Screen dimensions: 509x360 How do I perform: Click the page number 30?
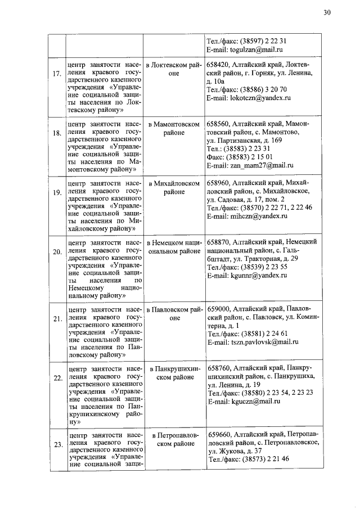pos(327,13)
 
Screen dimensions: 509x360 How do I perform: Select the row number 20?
pos(57,251)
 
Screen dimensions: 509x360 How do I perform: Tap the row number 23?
pos(57,444)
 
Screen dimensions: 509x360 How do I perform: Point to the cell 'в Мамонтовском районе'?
pos(174,128)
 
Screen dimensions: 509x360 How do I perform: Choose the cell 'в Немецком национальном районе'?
pos(174,246)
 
